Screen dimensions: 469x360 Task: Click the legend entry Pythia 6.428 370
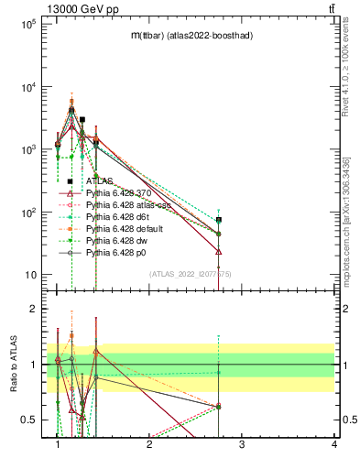click(118, 193)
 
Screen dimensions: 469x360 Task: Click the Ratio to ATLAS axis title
click(16, 365)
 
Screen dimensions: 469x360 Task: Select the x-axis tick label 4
click(333, 444)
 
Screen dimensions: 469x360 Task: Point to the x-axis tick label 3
click(241, 444)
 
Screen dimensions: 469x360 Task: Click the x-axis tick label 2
click(149, 444)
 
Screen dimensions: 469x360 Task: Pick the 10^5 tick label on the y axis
click(28, 24)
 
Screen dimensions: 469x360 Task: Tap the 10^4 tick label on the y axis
click(28, 87)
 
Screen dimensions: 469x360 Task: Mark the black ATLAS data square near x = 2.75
click(219, 220)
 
